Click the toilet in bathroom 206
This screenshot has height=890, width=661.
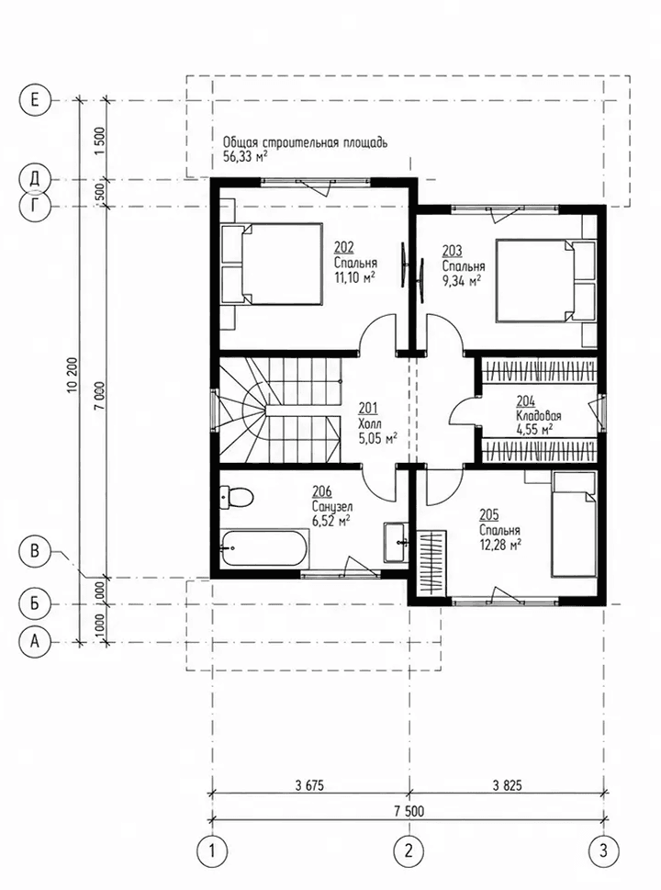point(235,497)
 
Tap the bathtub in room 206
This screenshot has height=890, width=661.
point(263,547)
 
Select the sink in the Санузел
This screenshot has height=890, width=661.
point(396,542)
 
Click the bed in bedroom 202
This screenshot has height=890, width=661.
point(271,264)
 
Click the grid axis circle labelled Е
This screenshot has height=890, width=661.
point(35,101)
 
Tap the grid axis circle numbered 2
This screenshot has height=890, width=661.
point(409,851)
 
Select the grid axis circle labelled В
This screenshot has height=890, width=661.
point(35,550)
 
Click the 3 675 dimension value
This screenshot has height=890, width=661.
point(309,785)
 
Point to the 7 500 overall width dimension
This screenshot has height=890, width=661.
point(409,811)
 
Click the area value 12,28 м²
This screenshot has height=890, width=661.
point(500,545)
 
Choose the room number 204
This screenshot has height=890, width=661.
point(525,401)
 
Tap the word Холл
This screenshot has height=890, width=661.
point(370,422)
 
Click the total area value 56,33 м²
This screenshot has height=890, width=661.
point(246,157)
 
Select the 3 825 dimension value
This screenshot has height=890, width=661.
point(507,785)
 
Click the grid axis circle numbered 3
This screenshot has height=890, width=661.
point(603,851)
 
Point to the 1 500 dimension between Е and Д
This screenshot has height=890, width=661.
point(99,141)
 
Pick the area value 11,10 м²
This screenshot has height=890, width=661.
point(354,277)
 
